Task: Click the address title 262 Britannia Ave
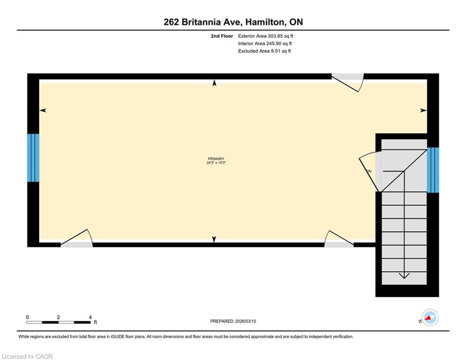233,22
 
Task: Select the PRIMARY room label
216,159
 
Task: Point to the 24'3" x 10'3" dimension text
216,163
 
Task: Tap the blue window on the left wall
33,158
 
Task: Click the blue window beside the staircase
433,170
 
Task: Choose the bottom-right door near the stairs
338,239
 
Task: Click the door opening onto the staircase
370,171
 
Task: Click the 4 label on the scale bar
90,317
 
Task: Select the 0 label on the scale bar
28,317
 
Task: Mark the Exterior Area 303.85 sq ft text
266,36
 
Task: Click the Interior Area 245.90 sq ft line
265,44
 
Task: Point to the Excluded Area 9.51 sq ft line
264,51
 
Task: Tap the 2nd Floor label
222,36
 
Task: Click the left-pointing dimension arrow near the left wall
43,111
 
